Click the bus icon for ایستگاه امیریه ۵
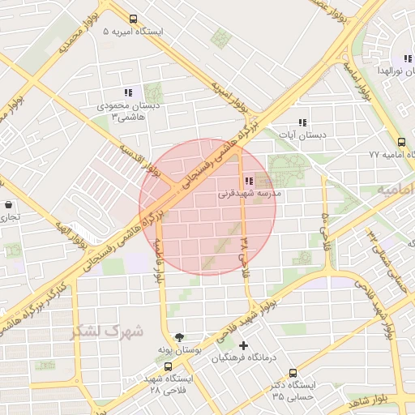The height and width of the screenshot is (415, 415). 132,19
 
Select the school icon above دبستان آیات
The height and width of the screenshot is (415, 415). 302,122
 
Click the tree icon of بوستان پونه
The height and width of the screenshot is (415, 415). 179,336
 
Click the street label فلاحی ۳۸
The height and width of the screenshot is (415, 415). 244,253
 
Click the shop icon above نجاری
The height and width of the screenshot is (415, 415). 7,205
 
